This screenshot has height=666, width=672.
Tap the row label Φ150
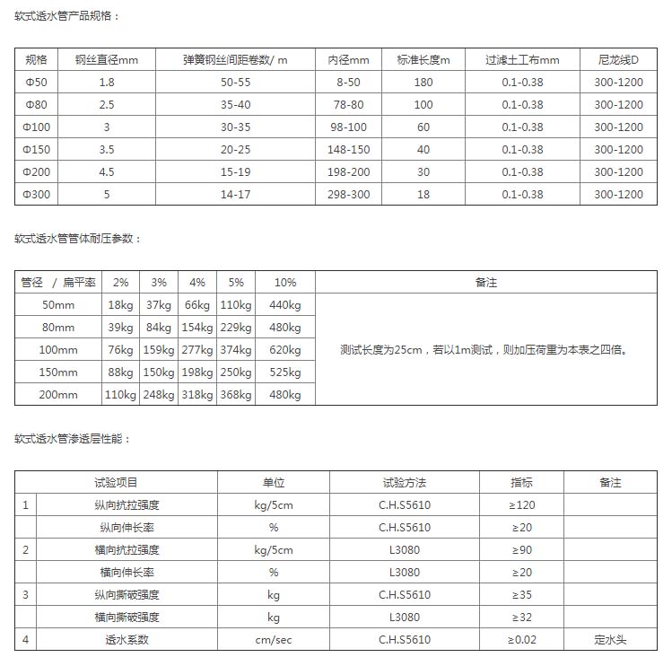click(37, 150)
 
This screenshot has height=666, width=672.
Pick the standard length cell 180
click(423, 83)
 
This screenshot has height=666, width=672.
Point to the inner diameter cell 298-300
click(348, 194)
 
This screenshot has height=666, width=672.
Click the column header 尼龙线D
click(618, 60)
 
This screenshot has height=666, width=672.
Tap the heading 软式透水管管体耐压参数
click(78, 238)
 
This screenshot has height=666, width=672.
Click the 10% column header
click(284, 283)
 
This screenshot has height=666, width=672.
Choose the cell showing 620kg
click(284, 350)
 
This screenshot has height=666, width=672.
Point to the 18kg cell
click(120, 305)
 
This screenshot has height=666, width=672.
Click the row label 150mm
click(60, 372)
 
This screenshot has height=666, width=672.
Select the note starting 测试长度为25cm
click(484, 350)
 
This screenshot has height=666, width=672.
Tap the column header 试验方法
click(405, 483)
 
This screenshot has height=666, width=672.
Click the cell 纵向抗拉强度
click(129, 505)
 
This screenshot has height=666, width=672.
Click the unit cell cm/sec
click(274, 640)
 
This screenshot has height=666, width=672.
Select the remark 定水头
click(609, 640)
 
